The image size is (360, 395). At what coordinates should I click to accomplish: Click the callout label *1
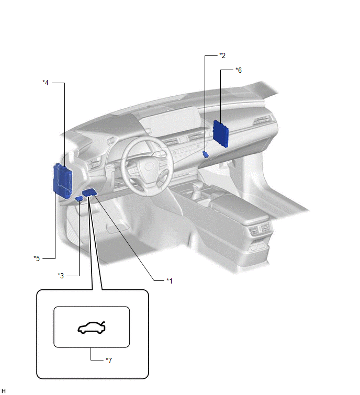(x=170, y=280)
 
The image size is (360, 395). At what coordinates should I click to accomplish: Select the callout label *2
(x=222, y=55)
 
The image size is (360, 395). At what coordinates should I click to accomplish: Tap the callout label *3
(x=61, y=276)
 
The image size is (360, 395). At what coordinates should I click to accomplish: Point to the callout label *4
(x=46, y=83)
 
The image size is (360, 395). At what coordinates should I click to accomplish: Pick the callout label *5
(x=37, y=258)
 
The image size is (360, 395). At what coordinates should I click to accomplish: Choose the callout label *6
(x=239, y=70)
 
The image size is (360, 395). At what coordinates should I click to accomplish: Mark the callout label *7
(x=109, y=360)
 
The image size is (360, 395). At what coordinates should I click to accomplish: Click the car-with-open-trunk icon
(x=92, y=328)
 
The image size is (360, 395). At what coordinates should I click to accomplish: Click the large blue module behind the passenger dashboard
(x=221, y=134)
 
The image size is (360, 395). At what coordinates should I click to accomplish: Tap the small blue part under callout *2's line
(x=206, y=154)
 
